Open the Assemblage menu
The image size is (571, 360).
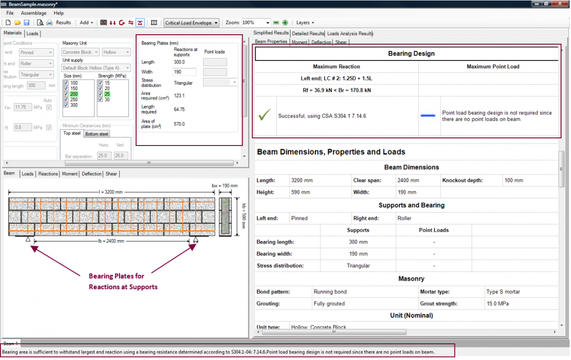point(33,13)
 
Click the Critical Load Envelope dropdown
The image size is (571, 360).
point(191,23)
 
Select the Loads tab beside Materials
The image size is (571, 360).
point(32,34)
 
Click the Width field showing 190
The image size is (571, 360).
point(185,72)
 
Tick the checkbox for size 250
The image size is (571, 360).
point(66,99)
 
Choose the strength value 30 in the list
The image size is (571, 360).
point(101,99)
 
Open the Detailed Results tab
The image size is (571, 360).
point(308,33)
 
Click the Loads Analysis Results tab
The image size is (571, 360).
point(350,33)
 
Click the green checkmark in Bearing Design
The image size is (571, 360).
point(266,116)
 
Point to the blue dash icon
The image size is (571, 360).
point(428,116)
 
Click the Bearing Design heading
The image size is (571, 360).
point(411,54)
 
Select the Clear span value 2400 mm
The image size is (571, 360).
point(409,181)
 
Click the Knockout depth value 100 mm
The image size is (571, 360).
point(514,181)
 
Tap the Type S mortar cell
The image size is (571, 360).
point(503,292)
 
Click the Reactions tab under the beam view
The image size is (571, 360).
point(48,174)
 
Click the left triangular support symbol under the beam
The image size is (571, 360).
point(29,239)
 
